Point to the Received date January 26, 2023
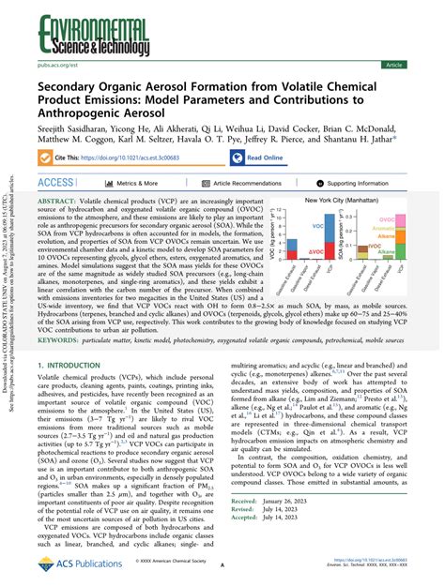click(295, 529)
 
